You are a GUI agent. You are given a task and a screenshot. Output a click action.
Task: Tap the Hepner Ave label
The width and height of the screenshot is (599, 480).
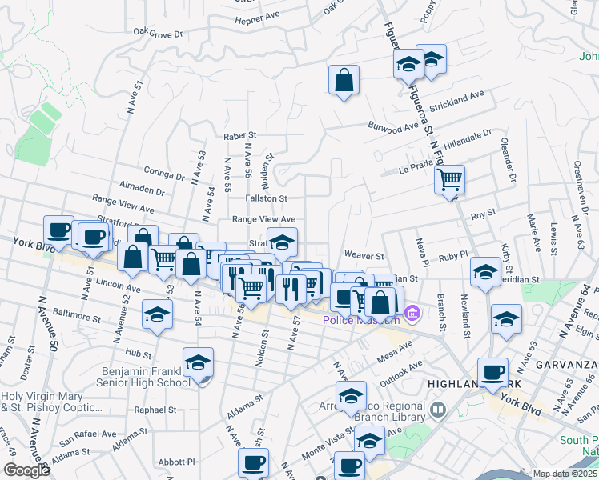pyautogui.click(x=255, y=17)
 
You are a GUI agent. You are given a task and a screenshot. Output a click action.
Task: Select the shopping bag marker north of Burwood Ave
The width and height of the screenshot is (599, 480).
pyautogui.click(x=344, y=80)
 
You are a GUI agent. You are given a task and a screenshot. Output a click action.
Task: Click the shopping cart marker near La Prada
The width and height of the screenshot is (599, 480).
pyautogui.click(x=449, y=178)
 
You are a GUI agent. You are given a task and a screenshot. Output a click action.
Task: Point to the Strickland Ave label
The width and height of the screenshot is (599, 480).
pyautogui.click(x=457, y=102)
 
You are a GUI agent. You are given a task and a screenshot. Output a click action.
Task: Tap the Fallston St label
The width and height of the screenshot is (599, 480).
pyautogui.click(x=266, y=198)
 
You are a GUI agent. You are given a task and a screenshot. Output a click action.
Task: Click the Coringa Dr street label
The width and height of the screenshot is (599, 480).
pyautogui.click(x=164, y=170)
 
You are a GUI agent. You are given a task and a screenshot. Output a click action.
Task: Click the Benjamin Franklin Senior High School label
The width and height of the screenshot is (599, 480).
pyautogui.click(x=147, y=377)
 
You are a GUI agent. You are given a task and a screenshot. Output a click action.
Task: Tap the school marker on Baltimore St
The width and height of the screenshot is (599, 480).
pyautogui.click(x=157, y=315)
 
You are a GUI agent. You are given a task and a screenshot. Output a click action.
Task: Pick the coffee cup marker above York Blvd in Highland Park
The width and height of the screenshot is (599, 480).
pyautogui.click(x=492, y=372)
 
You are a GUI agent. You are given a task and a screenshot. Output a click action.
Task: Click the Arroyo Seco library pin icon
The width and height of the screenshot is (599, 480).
pyautogui.click(x=437, y=411)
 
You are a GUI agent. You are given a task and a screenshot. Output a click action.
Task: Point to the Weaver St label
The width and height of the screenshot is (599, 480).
pyautogui.click(x=364, y=256)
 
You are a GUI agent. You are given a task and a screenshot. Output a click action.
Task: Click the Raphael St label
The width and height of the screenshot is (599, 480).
pyautogui.click(x=155, y=410)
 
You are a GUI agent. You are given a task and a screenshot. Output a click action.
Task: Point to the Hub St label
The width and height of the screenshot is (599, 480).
pyautogui.click(x=139, y=353)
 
